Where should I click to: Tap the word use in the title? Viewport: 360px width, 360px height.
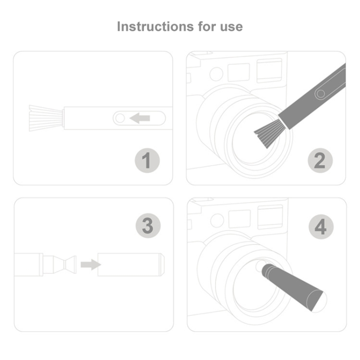pyautogui.click(x=231, y=27)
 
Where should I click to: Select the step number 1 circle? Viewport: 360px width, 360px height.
pyautogui.click(x=147, y=160)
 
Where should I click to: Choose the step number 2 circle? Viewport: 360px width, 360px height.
pyautogui.click(x=320, y=160)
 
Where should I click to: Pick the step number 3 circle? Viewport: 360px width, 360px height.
pyautogui.click(x=148, y=226)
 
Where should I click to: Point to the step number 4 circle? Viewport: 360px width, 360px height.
pyautogui.click(x=321, y=227)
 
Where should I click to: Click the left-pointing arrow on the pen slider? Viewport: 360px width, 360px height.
pyautogui.click(x=140, y=118)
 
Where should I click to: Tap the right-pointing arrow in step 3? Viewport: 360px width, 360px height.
pyautogui.click(x=91, y=264)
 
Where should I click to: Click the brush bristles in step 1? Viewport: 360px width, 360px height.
pyautogui.click(x=46, y=118)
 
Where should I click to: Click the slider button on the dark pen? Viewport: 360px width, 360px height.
pyautogui.click(x=321, y=94)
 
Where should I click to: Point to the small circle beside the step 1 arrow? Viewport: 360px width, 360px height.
pyautogui.click(x=120, y=118)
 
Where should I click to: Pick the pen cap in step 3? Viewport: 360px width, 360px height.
pyautogui.click(x=131, y=264)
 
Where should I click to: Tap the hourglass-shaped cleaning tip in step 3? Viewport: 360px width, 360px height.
pyautogui.click(x=65, y=264)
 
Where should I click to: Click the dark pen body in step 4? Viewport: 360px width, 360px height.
pyautogui.click(x=293, y=287)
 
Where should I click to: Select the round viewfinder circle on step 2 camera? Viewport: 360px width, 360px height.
pyautogui.click(x=216, y=74)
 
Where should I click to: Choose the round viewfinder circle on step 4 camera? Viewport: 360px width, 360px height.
pyautogui.click(x=217, y=220)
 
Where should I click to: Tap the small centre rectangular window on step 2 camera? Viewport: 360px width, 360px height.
pyautogui.click(x=239, y=72)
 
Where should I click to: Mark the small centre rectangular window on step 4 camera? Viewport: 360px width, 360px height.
pyautogui.click(x=240, y=219)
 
